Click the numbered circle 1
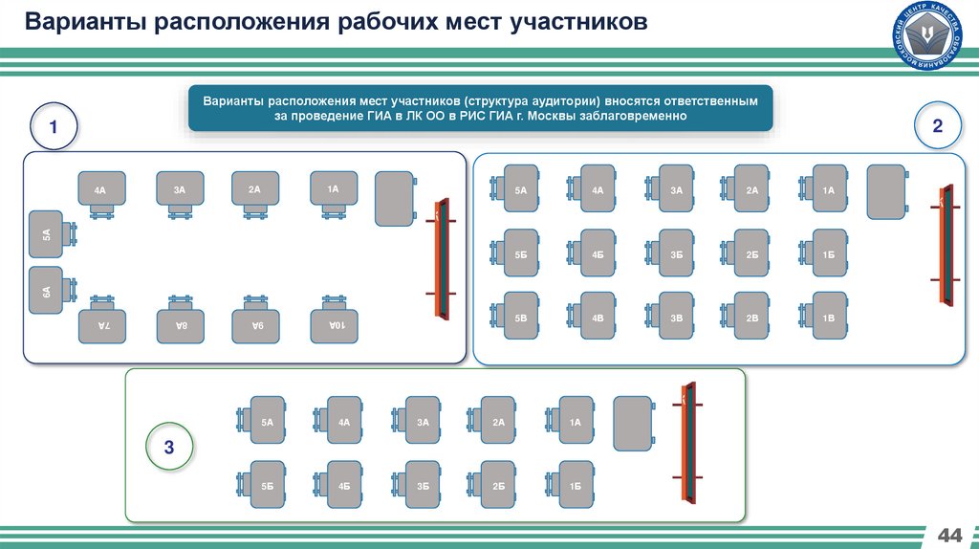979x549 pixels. click(x=54, y=127)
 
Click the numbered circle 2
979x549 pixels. click(x=938, y=126)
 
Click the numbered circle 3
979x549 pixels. click(x=169, y=447)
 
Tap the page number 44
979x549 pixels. click(x=950, y=533)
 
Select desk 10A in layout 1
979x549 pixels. click(x=334, y=324)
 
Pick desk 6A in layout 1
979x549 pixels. click(x=47, y=291)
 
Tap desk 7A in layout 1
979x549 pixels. click(x=101, y=326)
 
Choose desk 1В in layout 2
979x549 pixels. click(x=829, y=318)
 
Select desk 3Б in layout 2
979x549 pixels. click(x=676, y=253)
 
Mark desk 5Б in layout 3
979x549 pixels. click(x=267, y=486)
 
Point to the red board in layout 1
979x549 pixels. click(x=442, y=257)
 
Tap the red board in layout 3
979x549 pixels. click(x=686, y=442)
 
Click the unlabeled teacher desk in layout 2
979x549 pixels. click(x=886, y=191)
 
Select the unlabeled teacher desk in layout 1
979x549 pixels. click(x=394, y=199)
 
